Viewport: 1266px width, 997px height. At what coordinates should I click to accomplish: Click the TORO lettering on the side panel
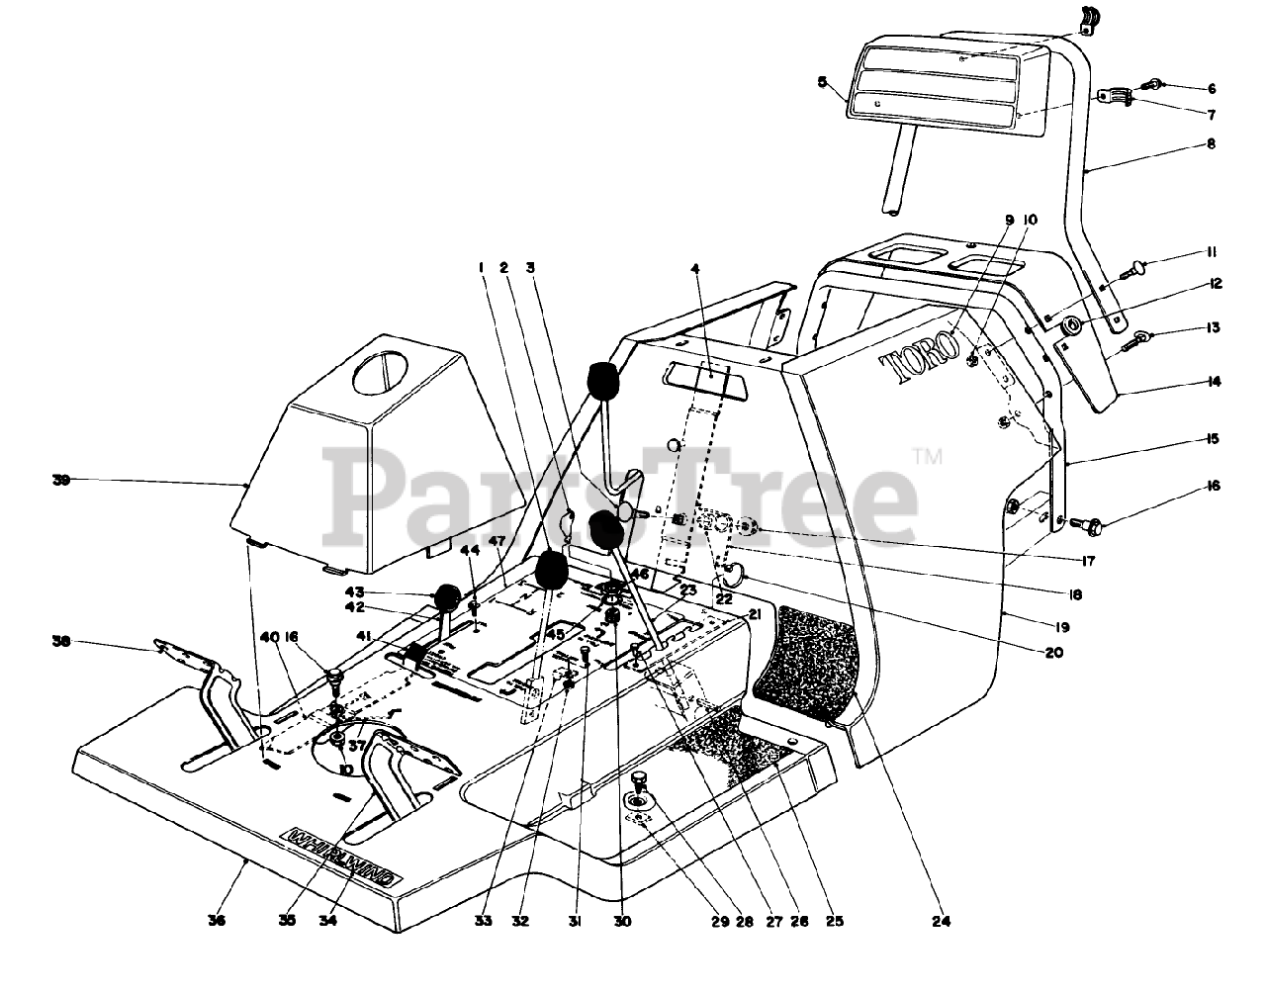click(x=920, y=357)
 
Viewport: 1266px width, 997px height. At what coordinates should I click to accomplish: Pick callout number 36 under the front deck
click(x=217, y=922)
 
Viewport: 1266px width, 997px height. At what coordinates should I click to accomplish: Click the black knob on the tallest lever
click(x=607, y=382)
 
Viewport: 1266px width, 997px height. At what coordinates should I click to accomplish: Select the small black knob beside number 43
click(x=448, y=599)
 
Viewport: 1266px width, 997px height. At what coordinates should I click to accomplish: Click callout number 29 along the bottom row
click(x=719, y=922)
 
